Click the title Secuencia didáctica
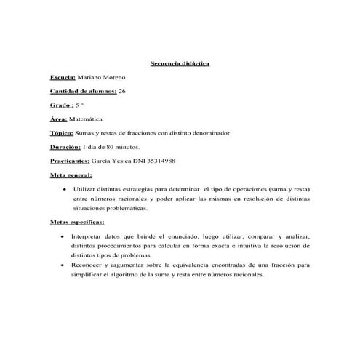coord(180,63)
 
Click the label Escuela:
coord(63,77)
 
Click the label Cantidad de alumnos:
coord(83,91)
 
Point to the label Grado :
coord(62,105)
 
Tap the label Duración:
coord(65,148)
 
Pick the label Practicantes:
coord(70,161)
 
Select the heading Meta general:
coord(71,176)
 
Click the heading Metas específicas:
coord(77,223)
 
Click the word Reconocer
coord(89,265)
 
